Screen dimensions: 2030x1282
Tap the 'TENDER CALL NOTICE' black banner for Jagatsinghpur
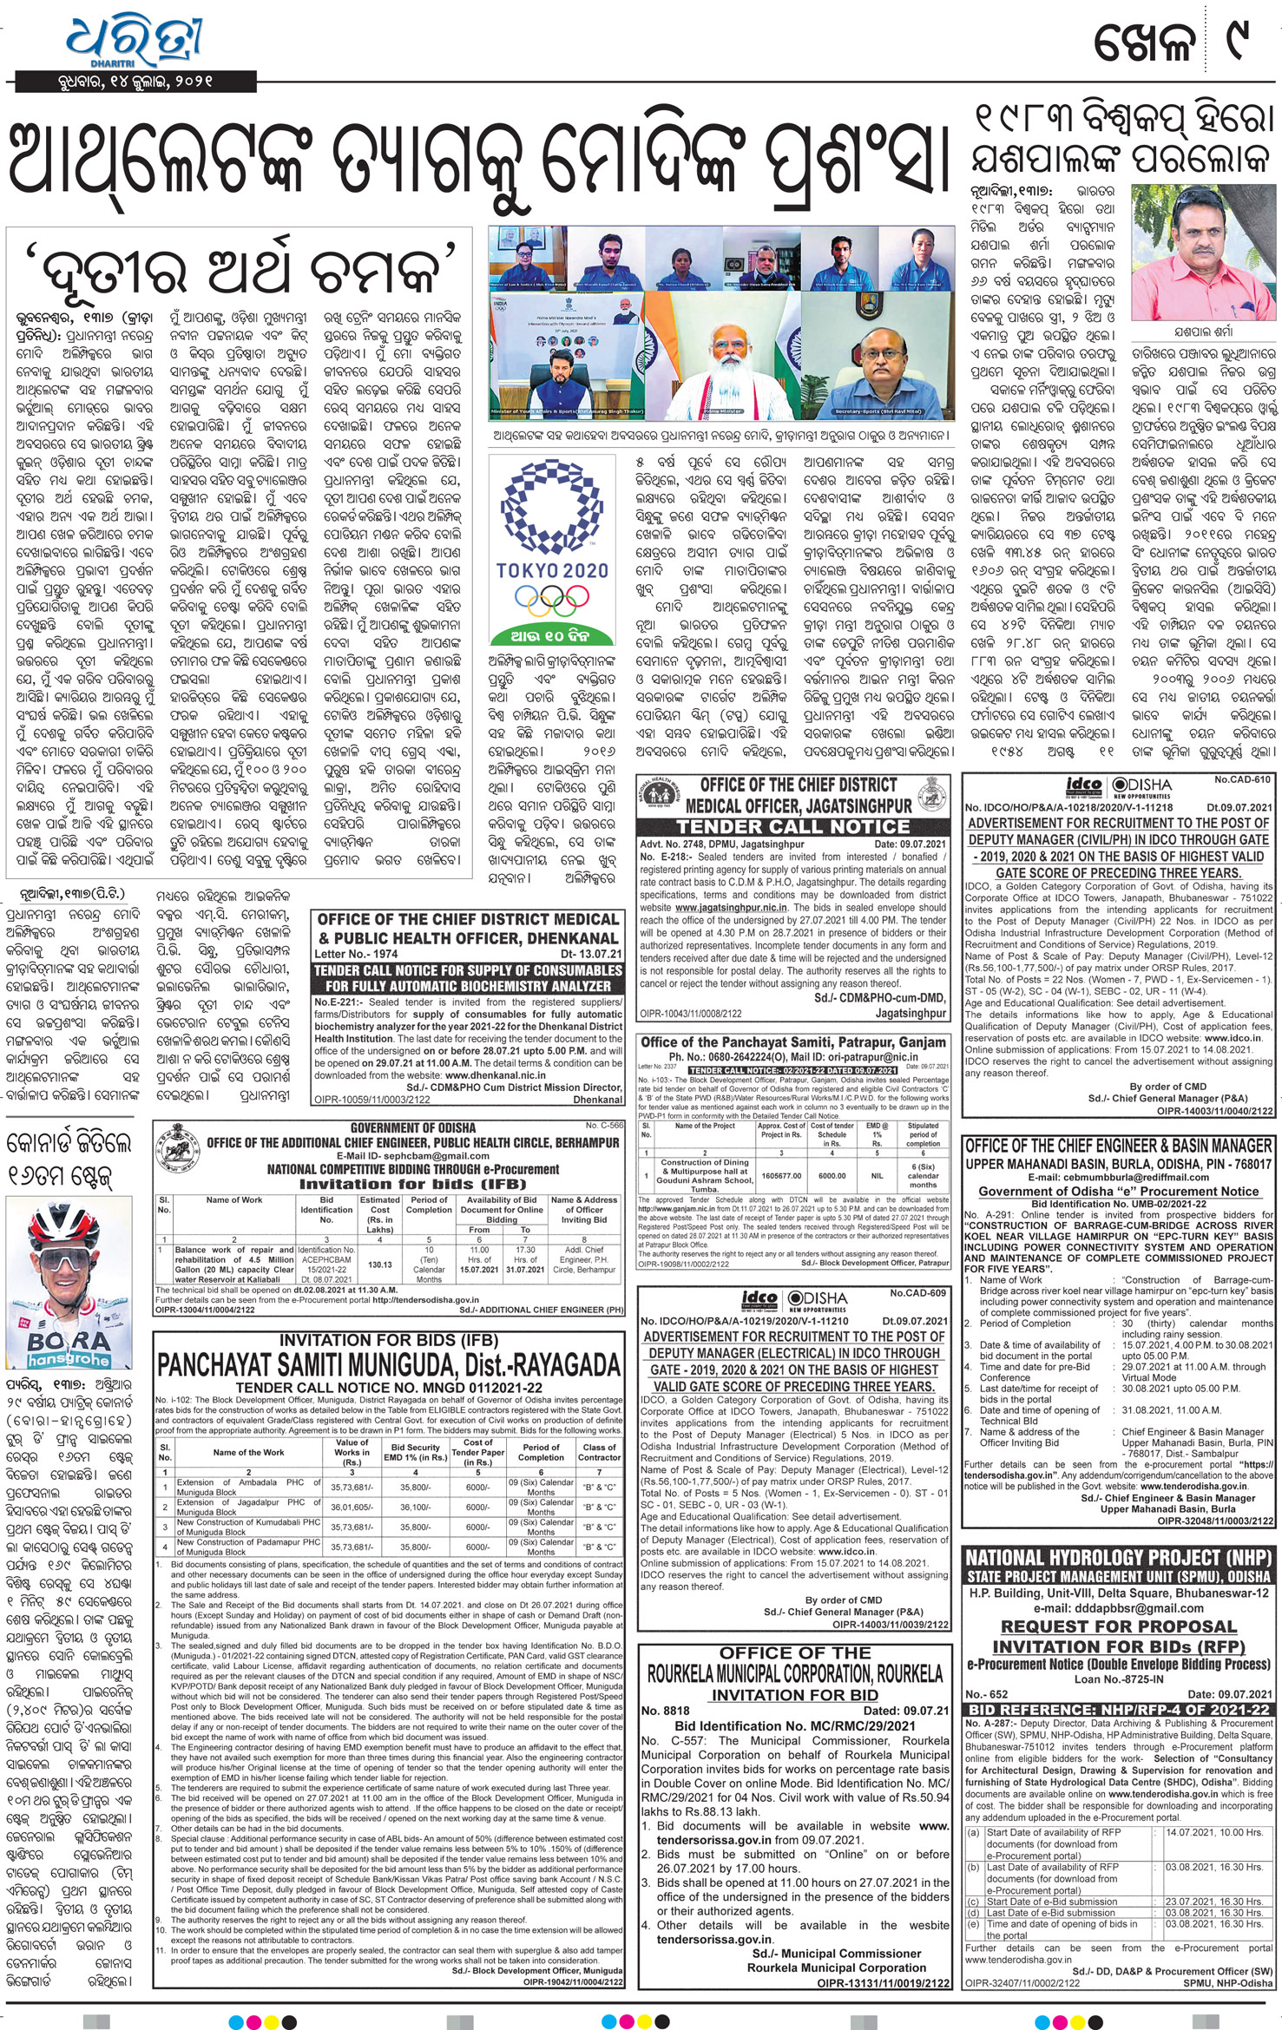[792, 826]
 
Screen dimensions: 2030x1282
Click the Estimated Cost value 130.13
[380, 1265]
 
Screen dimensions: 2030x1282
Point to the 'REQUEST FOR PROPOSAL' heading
[1118, 1626]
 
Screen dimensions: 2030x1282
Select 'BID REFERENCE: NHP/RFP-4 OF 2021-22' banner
[1118, 1709]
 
